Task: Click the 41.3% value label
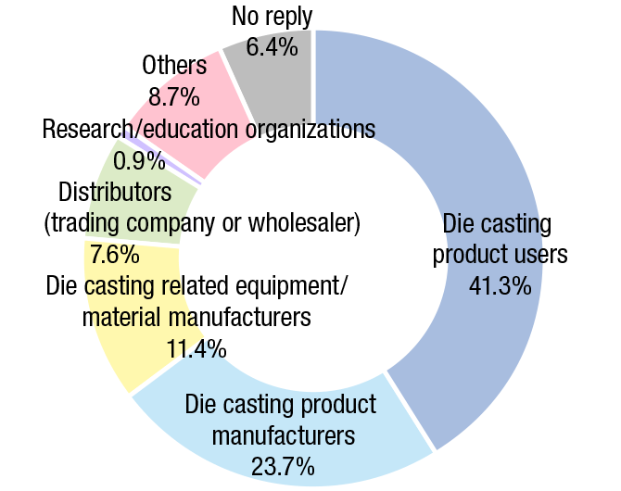pos(500,284)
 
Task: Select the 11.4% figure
pos(196,348)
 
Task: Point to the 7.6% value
pos(111,254)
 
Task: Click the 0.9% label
pos(139,160)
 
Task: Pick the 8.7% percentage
pos(174,95)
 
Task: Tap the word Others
pos(174,65)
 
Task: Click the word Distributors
pos(116,193)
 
